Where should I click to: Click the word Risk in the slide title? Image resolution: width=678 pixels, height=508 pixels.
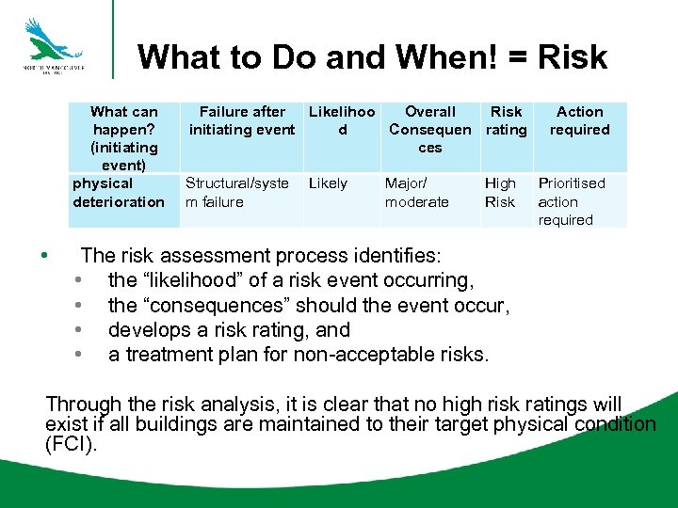[x=573, y=58]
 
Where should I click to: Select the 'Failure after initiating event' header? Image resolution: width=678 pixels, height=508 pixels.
[x=242, y=120]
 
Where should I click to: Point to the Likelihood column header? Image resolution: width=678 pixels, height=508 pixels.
[x=342, y=120]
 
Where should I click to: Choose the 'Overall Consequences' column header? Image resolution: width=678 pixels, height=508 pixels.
[x=430, y=129]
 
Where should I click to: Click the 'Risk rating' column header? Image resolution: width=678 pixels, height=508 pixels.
[x=507, y=120]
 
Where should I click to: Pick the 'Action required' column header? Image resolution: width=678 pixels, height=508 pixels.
[x=580, y=120]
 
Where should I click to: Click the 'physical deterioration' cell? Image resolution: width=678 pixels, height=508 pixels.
[x=119, y=193]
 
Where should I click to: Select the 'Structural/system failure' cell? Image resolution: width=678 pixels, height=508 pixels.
[x=237, y=193]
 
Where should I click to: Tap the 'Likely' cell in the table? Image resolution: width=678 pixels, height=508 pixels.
[x=328, y=183]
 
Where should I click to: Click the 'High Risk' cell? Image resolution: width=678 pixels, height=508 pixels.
[x=500, y=193]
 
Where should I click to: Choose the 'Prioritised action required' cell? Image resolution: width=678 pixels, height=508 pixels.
[x=572, y=201]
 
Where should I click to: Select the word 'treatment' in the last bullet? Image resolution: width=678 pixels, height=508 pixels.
[x=166, y=355]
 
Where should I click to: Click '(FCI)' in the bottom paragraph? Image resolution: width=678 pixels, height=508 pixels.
[x=70, y=444]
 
